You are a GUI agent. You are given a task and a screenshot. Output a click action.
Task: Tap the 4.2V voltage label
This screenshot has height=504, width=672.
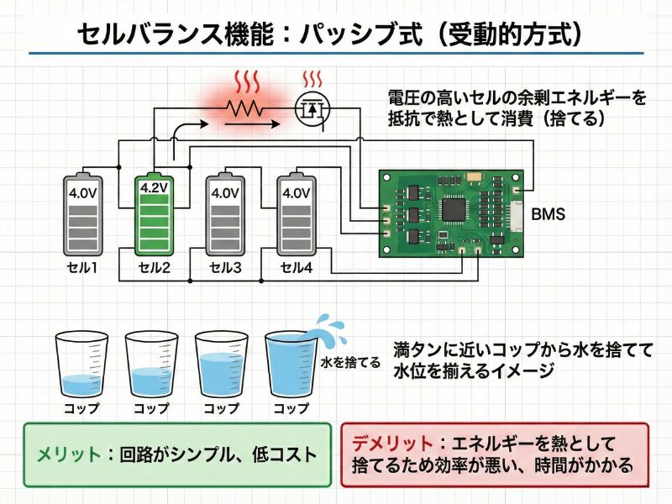[x=154, y=188]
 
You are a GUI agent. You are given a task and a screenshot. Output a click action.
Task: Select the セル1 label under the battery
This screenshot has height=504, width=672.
[x=83, y=268]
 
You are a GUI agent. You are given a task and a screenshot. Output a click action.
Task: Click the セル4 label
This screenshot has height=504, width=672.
[x=296, y=268]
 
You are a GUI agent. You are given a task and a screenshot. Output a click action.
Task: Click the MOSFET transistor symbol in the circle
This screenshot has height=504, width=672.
[x=312, y=108]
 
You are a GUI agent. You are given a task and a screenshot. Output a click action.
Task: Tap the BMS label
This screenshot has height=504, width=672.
[x=548, y=215]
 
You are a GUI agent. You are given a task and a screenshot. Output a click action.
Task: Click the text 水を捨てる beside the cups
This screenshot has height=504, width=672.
[x=351, y=364]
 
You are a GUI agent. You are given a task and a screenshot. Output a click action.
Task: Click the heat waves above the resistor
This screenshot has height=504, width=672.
[x=246, y=81]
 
